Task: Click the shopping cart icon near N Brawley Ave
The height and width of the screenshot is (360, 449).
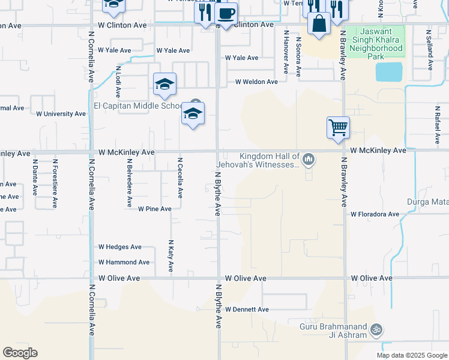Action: [x=339, y=127]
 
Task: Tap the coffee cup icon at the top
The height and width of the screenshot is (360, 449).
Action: [x=226, y=13]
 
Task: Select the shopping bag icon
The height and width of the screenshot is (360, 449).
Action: [x=319, y=24]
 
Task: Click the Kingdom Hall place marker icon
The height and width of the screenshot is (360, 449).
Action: [x=309, y=159]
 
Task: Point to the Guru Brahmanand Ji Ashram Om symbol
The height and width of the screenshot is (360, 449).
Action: [x=377, y=329]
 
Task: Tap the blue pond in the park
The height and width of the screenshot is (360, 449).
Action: [x=390, y=72]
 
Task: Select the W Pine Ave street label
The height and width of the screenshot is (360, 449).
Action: [x=155, y=209]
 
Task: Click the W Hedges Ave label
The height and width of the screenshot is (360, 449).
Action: [x=120, y=247]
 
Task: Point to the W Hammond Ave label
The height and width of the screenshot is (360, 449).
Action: [x=124, y=262]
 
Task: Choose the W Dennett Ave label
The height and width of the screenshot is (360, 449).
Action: [x=247, y=310]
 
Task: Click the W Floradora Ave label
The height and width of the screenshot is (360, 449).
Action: [x=375, y=214]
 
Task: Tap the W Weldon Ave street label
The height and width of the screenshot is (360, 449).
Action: [x=256, y=82]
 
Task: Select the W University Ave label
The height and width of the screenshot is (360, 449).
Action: [x=61, y=114]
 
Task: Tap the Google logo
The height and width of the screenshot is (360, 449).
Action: [x=20, y=353]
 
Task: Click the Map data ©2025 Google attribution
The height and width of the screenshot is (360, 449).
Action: [x=412, y=355]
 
